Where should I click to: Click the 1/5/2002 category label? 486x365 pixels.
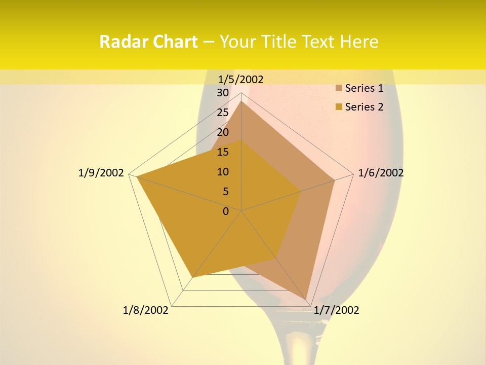click(x=241, y=79)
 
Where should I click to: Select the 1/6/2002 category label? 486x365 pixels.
click(x=381, y=173)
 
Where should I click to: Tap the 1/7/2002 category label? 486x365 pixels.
click(x=336, y=310)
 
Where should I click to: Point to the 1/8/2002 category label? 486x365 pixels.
click(x=146, y=310)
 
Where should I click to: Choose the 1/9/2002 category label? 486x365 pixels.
click(x=101, y=173)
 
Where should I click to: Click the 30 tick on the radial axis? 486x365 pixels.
click(x=223, y=93)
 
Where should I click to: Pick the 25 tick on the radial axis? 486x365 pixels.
click(x=223, y=113)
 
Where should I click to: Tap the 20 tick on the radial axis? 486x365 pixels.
click(x=223, y=132)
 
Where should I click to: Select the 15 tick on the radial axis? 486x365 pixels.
click(x=223, y=152)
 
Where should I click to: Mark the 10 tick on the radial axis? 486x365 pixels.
click(x=223, y=172)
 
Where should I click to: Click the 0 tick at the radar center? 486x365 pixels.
click(x=226, y=211)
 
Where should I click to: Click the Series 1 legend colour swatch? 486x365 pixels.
click(x=339, y=89)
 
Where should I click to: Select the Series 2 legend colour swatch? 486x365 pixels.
click(x=339, y=107)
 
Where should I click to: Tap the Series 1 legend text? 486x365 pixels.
click(x=364, y=89)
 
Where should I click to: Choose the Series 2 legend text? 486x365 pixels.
click(x=364, y=107)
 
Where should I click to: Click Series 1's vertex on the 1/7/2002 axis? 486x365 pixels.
click(x=306, y=300)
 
